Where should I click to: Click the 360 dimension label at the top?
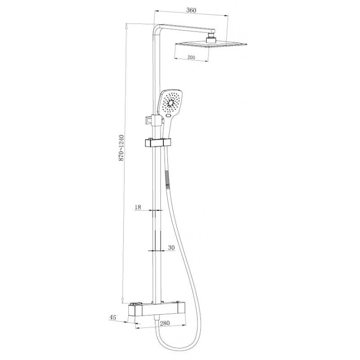[191, 10]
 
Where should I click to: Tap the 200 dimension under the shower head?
[191, 57]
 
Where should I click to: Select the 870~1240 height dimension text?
[121, 148]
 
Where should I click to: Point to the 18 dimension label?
[138, 207]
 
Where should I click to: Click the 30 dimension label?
[171, 247]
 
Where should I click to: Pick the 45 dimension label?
[113, 318]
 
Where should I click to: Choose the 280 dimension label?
[165, 323]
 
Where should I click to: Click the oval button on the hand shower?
[169, 116]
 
